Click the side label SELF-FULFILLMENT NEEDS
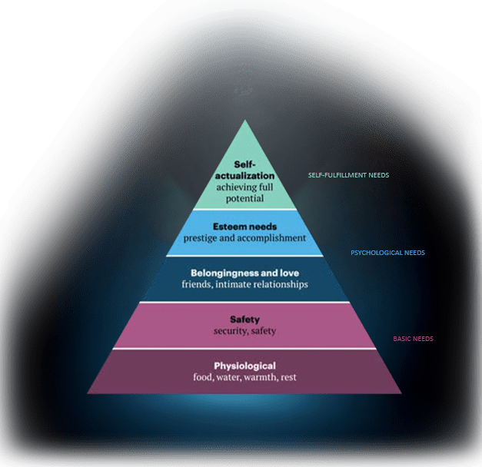click(348, 175)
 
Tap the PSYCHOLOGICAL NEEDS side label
click(388, 253)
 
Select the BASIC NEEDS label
click(413, 339)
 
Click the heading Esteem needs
click(245, 227)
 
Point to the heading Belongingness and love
click(245, 273)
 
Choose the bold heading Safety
click(245, 320)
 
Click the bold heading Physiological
click(245, 366)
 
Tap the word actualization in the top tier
click(245, 176)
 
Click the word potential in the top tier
click(245, 199)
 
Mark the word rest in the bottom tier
click(288, 378)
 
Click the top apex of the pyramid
click(245, 120)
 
